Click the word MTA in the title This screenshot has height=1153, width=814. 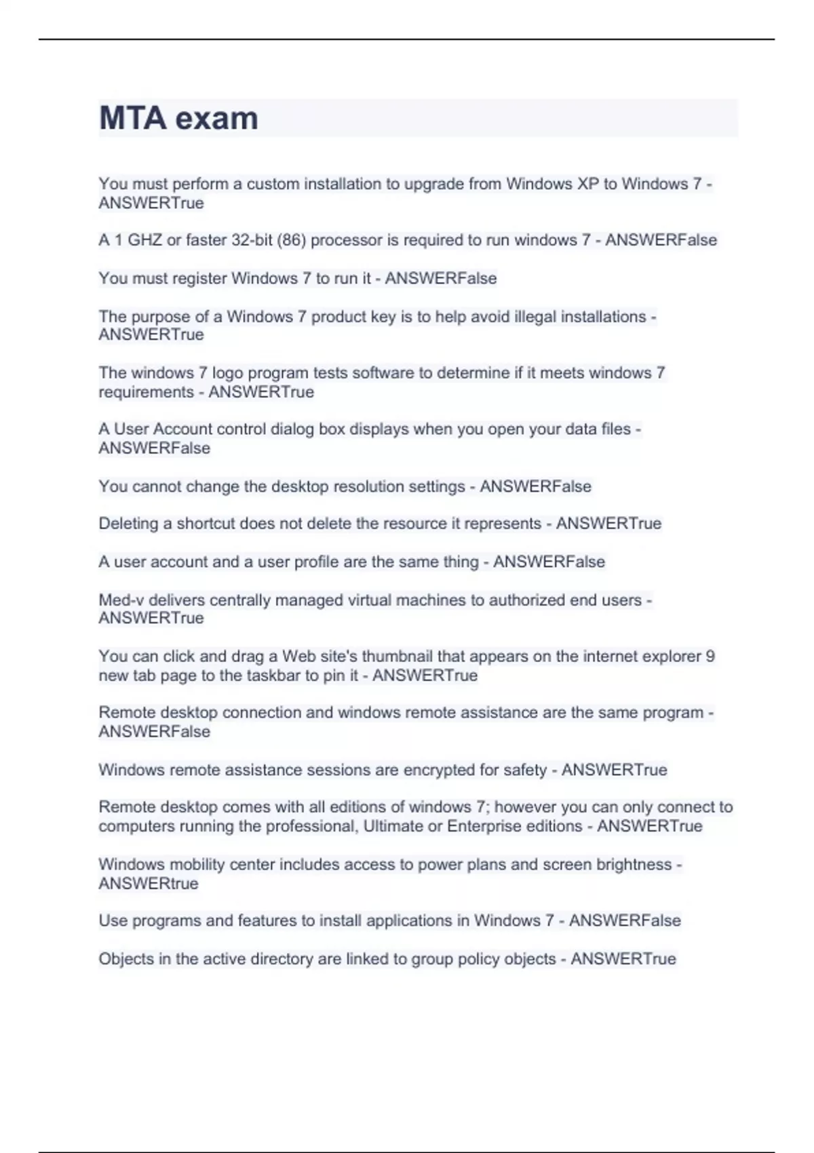click(x=133, y=118)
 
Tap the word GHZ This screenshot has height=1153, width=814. click(x=144, y=240)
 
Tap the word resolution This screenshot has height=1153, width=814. click(x=370, y=486)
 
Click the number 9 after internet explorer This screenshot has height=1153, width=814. click(x=710, y=657)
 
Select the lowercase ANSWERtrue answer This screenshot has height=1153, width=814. click(x=149, y=884)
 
